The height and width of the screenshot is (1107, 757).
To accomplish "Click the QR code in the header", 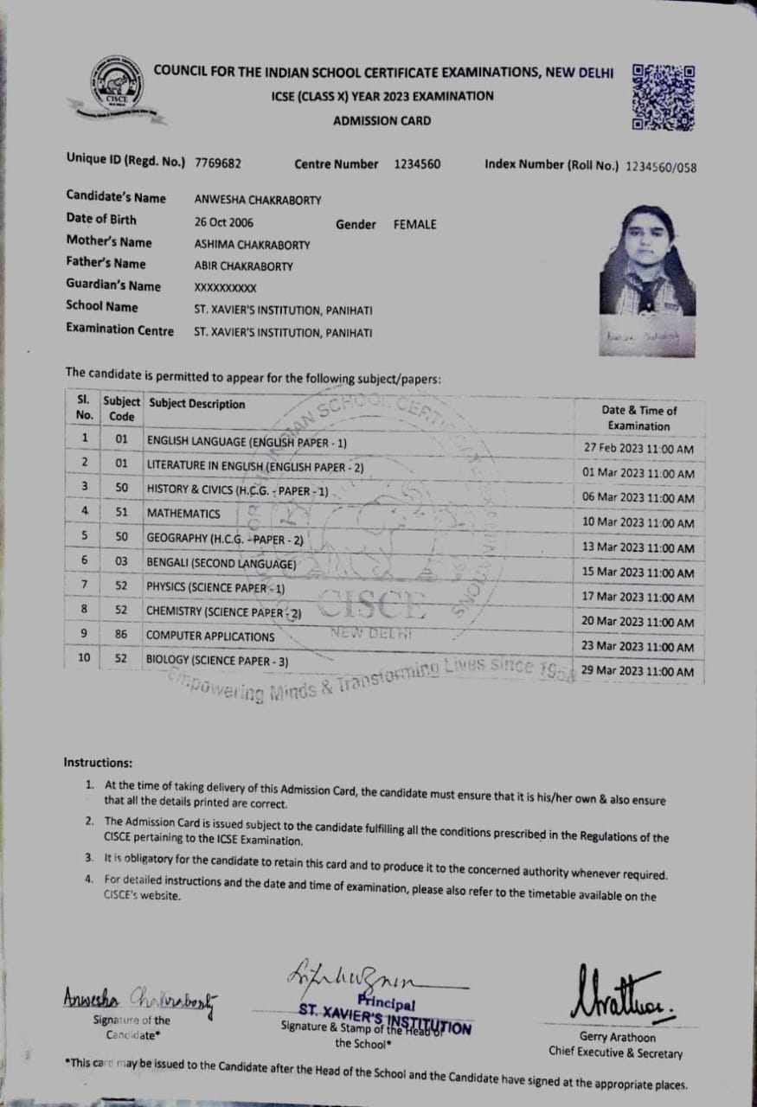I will pyautogui.click(x=664, y=96).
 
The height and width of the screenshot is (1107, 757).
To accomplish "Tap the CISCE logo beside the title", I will pyautogui.click(x=116, y=89).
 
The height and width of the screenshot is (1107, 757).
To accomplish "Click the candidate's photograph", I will pyautogui.click(x=647, y=262).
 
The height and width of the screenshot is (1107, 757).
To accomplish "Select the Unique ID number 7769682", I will pyautogui.click(x=218, y=163).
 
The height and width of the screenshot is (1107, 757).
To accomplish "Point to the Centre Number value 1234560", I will pyautogui.click(x=417, y=163).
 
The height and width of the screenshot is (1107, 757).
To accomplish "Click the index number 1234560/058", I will pyautogui.click(x=662, y=167).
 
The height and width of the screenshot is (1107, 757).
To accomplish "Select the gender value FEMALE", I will pyautogui.click(x=415, y=225).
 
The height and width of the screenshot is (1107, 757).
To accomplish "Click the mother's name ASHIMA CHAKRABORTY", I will pyautogui.click(x=252, y=245).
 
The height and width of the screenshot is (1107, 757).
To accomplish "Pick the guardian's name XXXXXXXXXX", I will pyautogui.click(x=226, y=288).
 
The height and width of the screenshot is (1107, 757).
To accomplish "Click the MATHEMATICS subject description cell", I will pyautogui.click(x=183, y=514).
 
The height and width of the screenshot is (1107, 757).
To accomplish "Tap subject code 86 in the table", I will pyautogui.click(x=121, y=635).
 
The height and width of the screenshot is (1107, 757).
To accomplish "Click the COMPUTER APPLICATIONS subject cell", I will pyautogui.click(x=210, y=637).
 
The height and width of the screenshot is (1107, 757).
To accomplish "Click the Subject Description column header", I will pyautogui.click(x=197, y=404).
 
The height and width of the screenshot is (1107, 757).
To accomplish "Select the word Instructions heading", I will pyautogui.click(x=98, y=763).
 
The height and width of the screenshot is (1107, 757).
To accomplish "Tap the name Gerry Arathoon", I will pyautogui.click(x=614, y=1037).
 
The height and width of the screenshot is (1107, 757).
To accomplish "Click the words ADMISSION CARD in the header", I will pyautogui.click(x=382, y=121).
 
